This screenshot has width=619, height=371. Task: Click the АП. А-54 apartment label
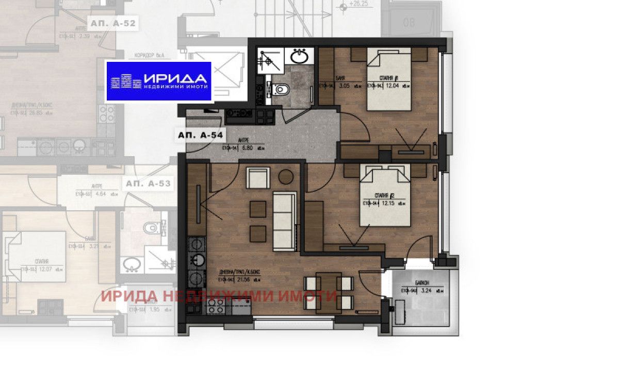pyautogui.click(x=201, y=135)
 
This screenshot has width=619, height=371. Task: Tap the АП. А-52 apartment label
pyautogui.click(x=112, y=23)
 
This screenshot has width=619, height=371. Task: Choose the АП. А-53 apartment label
pyautogui.click(x=148, y=183)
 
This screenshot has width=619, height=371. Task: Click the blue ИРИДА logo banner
pyautogui.click(x=158, y=81)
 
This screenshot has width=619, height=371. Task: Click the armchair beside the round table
pyautogui.click(x=256, y=178)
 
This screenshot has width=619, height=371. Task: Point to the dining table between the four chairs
pyautogui.click(x=328, y=292)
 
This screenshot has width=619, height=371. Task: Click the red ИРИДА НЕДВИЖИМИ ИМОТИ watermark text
pyautogui.click(x=219, y=296)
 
